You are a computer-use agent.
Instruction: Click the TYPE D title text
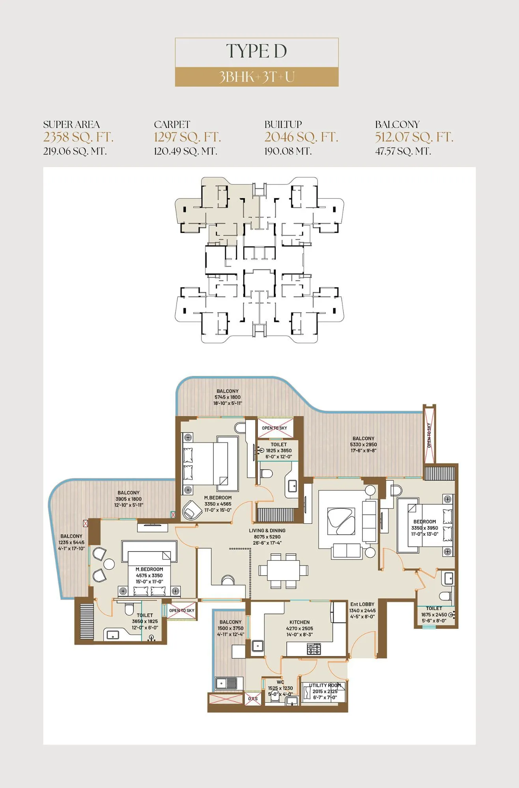tap(256, 52)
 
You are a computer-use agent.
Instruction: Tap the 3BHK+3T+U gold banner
tap(256, 77)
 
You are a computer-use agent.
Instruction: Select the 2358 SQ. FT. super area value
tap(78, 137)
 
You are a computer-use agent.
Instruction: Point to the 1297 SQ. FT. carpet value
tap(187, 137)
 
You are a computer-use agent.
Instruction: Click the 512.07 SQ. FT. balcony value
tap(414, 137)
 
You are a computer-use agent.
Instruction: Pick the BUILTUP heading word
tap(283, 125)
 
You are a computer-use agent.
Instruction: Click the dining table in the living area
tap(283, 570)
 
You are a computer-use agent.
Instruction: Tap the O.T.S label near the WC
tap(253, 699)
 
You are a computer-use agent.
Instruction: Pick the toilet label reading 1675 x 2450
tap(434, 615)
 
